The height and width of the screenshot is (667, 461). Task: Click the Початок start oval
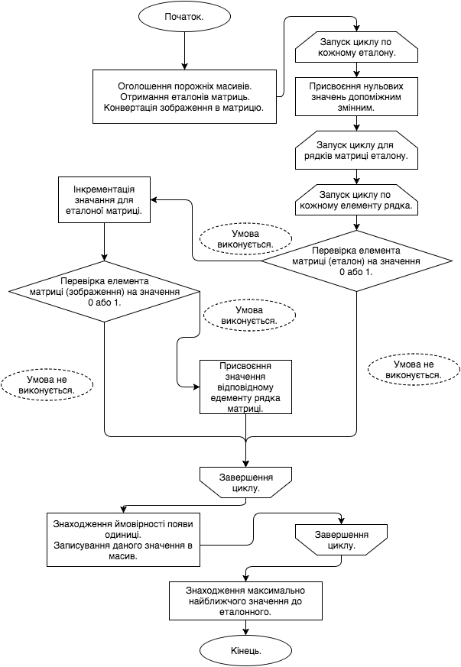184,16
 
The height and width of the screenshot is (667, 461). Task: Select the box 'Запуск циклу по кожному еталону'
356,47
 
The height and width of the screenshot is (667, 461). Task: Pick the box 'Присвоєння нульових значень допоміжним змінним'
356,96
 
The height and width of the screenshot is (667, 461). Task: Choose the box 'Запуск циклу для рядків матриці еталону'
356,149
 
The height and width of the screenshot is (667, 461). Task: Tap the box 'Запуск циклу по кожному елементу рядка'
356,199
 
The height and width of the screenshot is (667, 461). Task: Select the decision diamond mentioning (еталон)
356,261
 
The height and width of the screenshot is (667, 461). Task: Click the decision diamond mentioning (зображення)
104,291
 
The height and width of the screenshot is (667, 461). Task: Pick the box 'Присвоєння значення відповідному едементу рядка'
245,387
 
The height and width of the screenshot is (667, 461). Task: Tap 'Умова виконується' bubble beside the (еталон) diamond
246,239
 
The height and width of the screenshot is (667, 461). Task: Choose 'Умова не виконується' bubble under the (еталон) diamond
414,370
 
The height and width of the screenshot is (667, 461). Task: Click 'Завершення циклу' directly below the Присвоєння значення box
245,482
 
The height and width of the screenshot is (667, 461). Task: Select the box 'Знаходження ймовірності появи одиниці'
123,540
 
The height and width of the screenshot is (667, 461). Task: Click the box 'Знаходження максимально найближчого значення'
245,601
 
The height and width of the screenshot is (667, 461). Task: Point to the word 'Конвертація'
131,108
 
